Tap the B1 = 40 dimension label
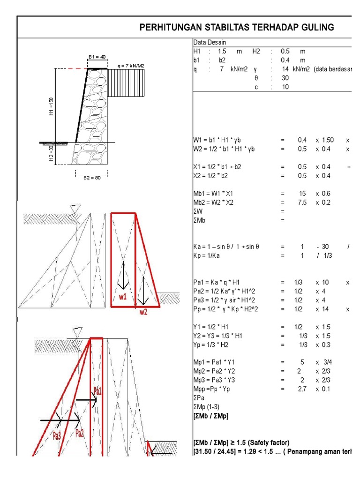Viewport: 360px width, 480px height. pyautogui.click(x=97, y=57)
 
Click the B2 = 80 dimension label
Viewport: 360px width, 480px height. pyautogui.click(x=92, y=178)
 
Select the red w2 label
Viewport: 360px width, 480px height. pyautogui.click(x=143, y=312)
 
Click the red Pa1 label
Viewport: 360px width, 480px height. pyautogui.click(x=97, y=390)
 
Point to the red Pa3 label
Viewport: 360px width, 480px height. pyautogui.click(x=57, y=435)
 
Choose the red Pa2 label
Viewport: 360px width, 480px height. pyautogui.click(x=81, y=433)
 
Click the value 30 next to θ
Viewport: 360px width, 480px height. pyautogui.click(x=285, y=78)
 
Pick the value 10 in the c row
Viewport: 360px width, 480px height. pyautogui.click(x=285, y=87)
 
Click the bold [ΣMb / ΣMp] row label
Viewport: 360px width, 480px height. pyautogui.click(x=211, y=416)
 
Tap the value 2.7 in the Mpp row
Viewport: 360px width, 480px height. pyautogui.click(x=303, y=389)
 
